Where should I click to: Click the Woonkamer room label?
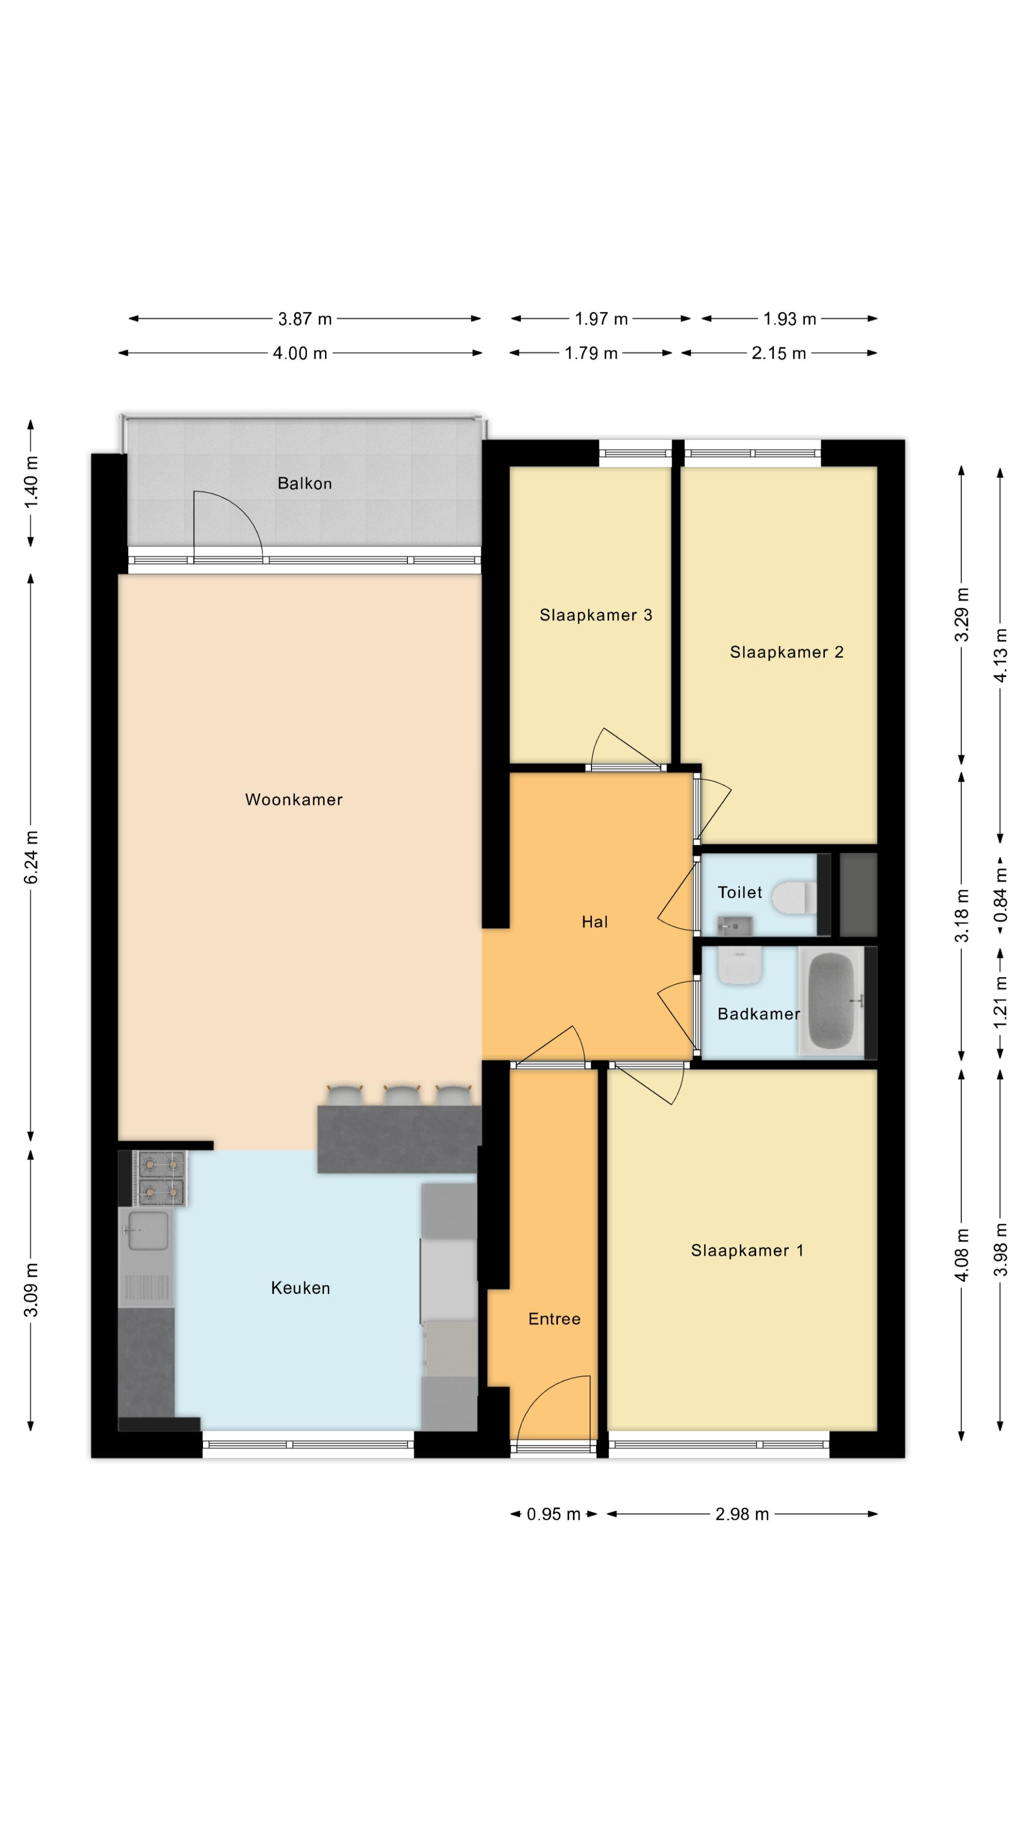coord(294,800)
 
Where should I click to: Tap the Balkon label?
coord(305,484)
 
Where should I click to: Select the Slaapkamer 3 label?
coord(596,615)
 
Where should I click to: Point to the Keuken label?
coord(300,1288)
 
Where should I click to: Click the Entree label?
coord(554,1319)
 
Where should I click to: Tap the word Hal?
coord(595,922)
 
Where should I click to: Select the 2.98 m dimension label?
coord(742,1514)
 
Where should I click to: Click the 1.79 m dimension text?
coord(590,354)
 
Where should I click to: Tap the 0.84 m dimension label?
coord(1001,895)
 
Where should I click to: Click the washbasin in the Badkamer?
coord(740,967)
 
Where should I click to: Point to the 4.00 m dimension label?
coord(300,354)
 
